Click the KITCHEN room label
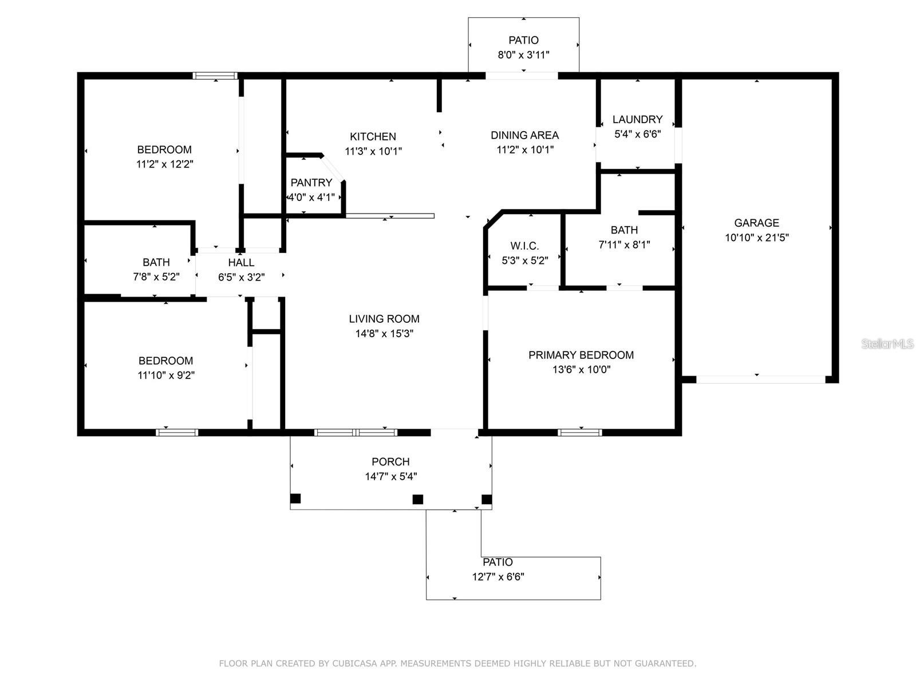373,136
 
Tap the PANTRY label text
311,183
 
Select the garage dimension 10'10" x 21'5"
757,238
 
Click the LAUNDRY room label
637,119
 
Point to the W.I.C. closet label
524,246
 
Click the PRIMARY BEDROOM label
581,355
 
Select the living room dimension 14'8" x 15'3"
384,333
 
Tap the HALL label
241,262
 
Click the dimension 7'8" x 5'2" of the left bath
156,277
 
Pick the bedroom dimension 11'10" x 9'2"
166,375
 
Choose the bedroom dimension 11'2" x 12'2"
164,164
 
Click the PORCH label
390,461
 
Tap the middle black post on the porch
418,499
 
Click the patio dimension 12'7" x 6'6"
498,577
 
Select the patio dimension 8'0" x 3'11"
523,55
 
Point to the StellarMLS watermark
887,343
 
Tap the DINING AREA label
524,135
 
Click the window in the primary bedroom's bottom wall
580,432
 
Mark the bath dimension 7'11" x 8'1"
624,244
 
